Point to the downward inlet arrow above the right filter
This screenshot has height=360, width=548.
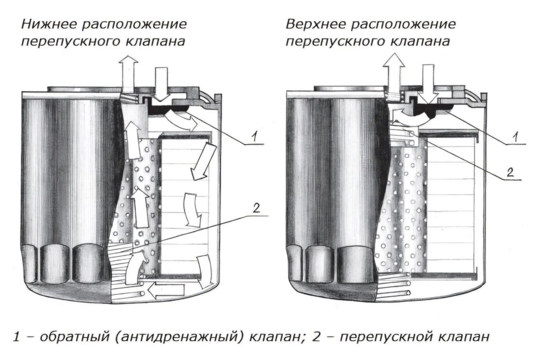(428, 82)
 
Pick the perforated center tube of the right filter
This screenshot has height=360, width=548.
(402, 205)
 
